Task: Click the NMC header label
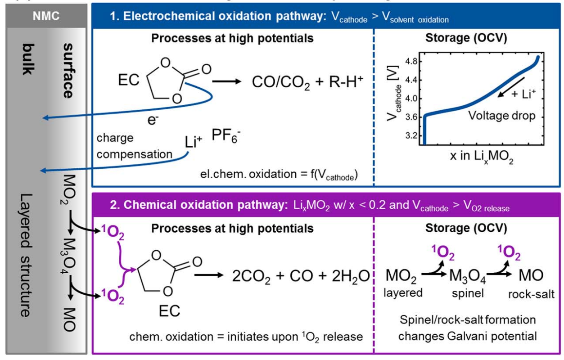(x=45, y=16)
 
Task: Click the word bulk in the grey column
(x=28, y=59)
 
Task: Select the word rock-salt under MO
(x=531, y=294)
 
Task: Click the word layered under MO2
(x=403, y=292)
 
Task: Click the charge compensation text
(x=134, y=146)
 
